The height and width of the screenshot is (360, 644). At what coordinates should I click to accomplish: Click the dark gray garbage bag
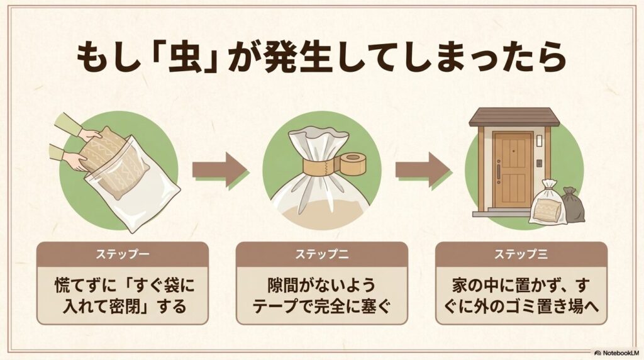(x=572, y=205)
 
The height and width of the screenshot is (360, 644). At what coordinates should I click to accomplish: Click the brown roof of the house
(x=514, y=118)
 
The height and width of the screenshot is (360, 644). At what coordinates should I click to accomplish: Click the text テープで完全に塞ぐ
(x=321, y=308)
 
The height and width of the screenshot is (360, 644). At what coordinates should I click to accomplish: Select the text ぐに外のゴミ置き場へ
(x=521, y=308)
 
